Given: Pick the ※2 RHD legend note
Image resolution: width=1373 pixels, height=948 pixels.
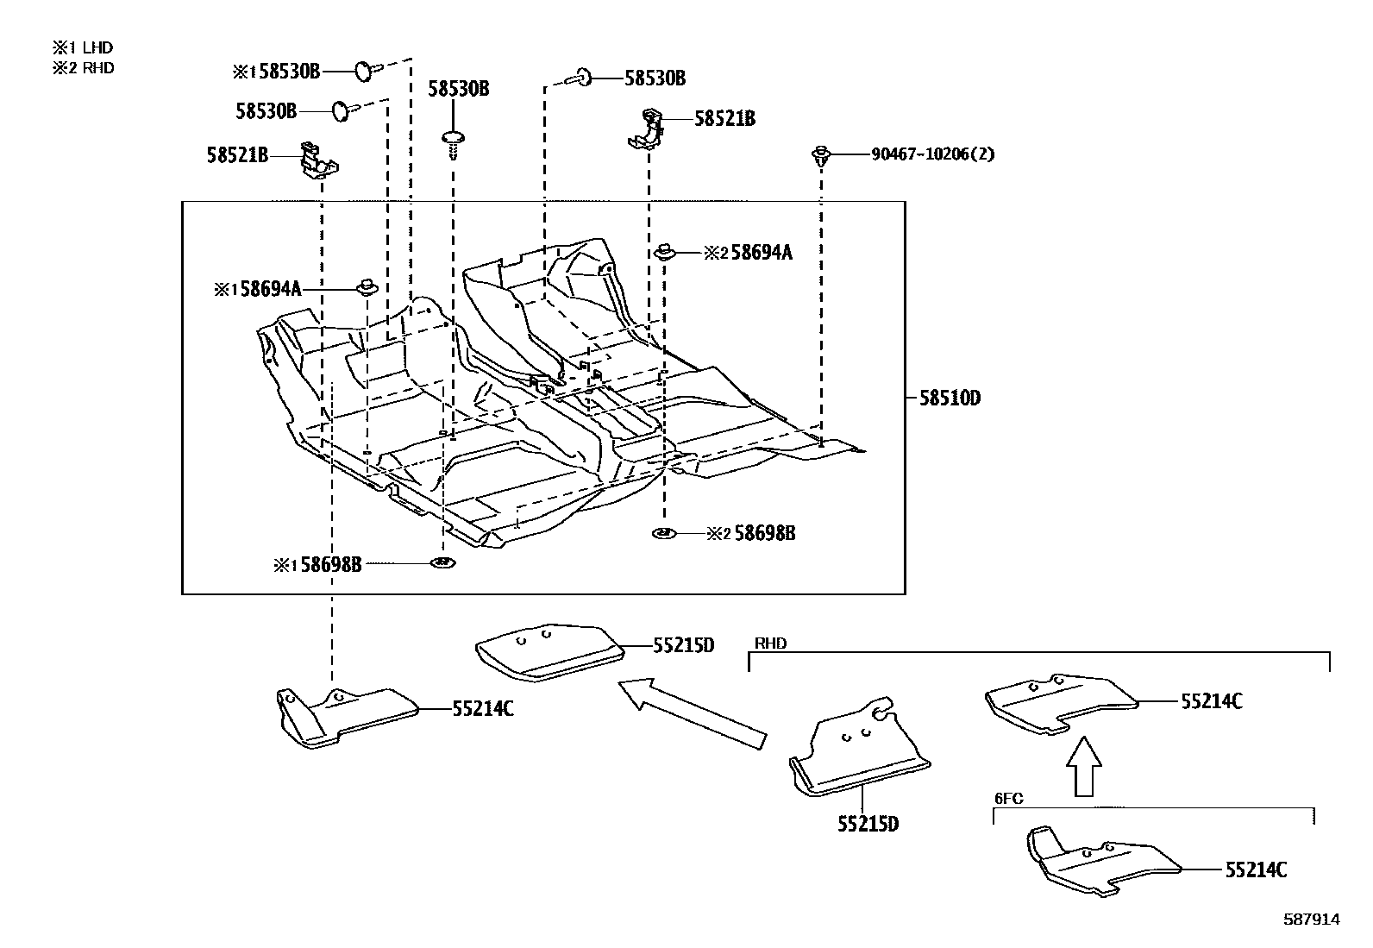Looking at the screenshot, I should point(83,68).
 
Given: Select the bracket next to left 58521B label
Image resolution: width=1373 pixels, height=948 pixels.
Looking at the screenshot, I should point(317,158).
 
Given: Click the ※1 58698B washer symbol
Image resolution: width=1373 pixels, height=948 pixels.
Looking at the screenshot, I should point(442,564).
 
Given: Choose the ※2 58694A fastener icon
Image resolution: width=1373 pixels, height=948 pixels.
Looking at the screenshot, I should point(665,252).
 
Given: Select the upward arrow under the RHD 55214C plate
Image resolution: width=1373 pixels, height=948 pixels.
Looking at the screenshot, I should point(1084,766).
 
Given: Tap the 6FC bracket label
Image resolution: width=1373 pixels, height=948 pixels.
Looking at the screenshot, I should point(1008,799).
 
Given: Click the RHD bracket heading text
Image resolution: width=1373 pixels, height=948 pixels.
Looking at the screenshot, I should point(770,644).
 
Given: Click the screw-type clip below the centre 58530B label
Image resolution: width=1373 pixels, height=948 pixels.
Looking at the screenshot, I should point(453,144).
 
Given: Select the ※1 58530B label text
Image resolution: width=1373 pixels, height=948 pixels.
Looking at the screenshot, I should point(276,72).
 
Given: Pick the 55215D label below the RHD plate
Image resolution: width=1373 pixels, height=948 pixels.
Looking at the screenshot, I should point(868,824).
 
